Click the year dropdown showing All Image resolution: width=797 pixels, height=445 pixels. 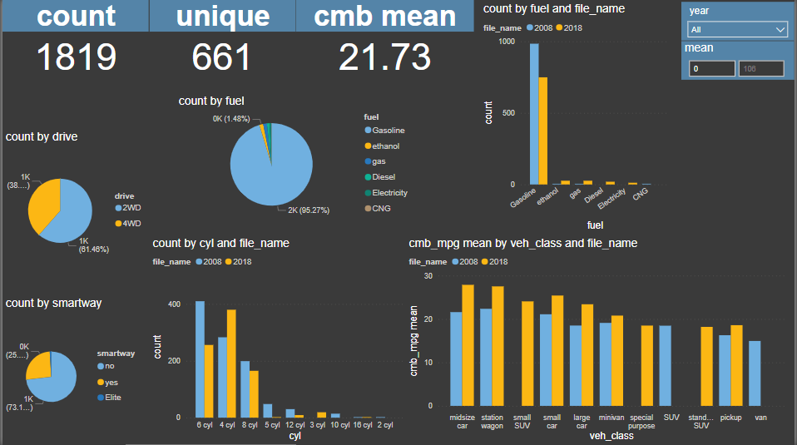coord(737,30)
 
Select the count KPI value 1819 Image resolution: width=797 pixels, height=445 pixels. coord(76,57)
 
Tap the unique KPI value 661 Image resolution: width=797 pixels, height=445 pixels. coord(221,57)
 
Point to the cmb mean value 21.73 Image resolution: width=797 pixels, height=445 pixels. coord(384,57)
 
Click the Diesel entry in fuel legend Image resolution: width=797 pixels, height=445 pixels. coord(384,177)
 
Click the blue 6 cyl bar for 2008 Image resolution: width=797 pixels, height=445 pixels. coord(200,359)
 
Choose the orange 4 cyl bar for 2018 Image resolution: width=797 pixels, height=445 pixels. coord(231,363)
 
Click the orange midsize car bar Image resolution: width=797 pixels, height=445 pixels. coord(468,344)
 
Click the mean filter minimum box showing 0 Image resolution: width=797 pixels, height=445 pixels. coord(708,69)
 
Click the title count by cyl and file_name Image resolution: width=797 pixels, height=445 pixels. coord(220,244)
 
